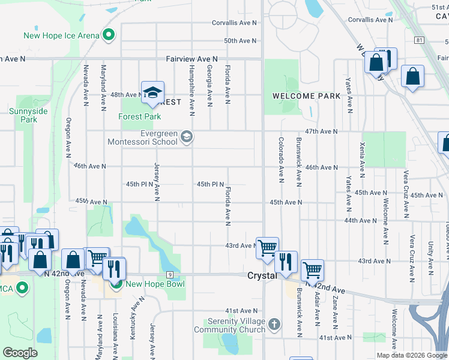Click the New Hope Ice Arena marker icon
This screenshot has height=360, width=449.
(x=109, y=35)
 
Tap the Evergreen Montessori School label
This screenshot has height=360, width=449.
(x=142, y=137)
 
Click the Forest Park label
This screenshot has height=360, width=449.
(x=140, y=116)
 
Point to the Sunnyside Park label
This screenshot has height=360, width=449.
(x=23, y=115)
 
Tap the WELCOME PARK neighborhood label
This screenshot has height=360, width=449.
(x=306, y=96)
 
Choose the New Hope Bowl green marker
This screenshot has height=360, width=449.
(x=116, y=284)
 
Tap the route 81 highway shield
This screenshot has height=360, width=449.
(x=418, y=40)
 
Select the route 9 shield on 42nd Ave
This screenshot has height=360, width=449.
(x=170, y=275)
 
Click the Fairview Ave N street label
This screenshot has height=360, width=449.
(x=191, y=59)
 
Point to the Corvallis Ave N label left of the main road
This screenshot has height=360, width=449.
(x=234, y=23)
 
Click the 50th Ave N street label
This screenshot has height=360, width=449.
(x=240, y=41)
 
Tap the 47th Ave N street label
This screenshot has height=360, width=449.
(x=321, y=131)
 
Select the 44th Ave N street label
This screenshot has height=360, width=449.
(x=360, y=221)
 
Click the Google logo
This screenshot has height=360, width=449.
(x=20, y=353)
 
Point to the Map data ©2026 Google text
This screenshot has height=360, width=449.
(x=411, y=355)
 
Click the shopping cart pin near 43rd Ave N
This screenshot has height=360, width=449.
(x=267, y=247)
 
